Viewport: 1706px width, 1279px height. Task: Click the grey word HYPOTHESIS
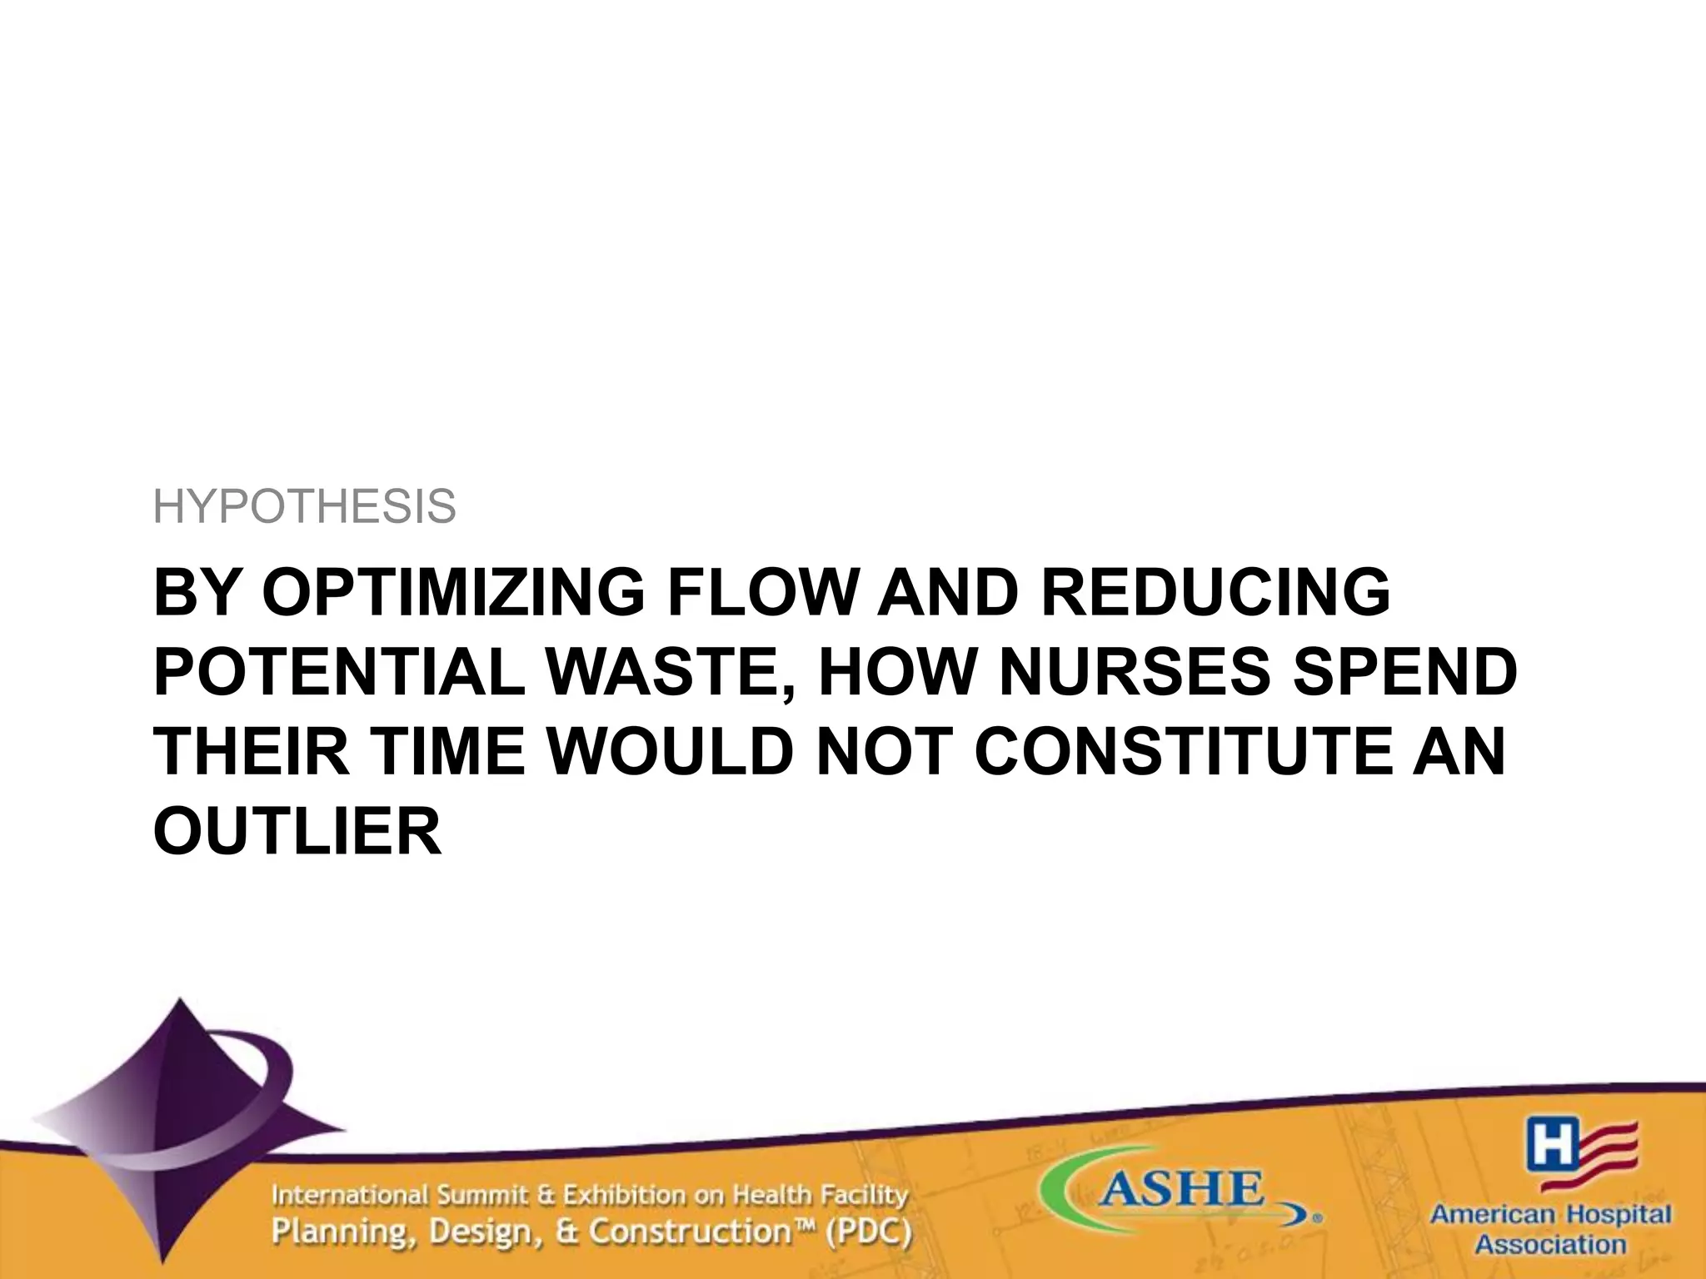pyautogui.click(x=305, y=507)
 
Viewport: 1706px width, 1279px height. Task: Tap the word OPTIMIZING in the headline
pyautogui.click(x=453, y=593)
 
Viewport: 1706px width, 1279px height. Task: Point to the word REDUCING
pyautogui.click(x=1215, y=593)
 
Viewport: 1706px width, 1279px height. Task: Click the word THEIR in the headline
pyautogui.click(x=252, y=752)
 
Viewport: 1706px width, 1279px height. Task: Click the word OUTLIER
pyautogui.click(x=297, y=832)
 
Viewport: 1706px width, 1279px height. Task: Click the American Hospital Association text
pyautogui.click(x=1550, y=1229)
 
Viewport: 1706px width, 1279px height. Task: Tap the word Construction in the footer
pyautogui.click(x=687, y=1232)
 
